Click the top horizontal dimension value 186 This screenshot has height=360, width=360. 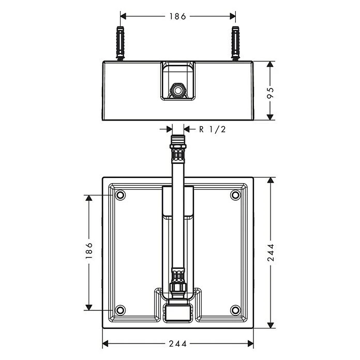pos(177,17)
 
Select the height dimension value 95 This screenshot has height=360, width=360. pos(271,93)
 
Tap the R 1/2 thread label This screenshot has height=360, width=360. pos(213,129)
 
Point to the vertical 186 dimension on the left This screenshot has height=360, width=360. pos(89,250)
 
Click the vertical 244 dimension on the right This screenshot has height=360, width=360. pos(271,252)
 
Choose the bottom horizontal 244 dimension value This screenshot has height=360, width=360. pos(178,343)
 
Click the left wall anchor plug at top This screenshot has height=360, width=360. pos(121,43)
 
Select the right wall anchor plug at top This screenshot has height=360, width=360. pos(235,43)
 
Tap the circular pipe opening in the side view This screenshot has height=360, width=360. pos(177,90)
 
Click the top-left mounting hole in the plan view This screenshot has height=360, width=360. pos(120,196)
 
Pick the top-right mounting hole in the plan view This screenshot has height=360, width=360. pos(235,196)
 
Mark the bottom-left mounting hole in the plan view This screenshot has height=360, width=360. pos(120,310)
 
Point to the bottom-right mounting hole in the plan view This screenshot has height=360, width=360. pos(235,310)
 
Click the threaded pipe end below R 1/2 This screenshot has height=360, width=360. pos(178,140)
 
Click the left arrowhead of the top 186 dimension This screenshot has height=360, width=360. pos(123,17)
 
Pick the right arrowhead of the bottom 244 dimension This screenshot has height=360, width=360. pos(250,343)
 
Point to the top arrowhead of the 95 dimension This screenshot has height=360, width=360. pos(271,64)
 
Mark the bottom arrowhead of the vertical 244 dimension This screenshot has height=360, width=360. pos(271,325)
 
